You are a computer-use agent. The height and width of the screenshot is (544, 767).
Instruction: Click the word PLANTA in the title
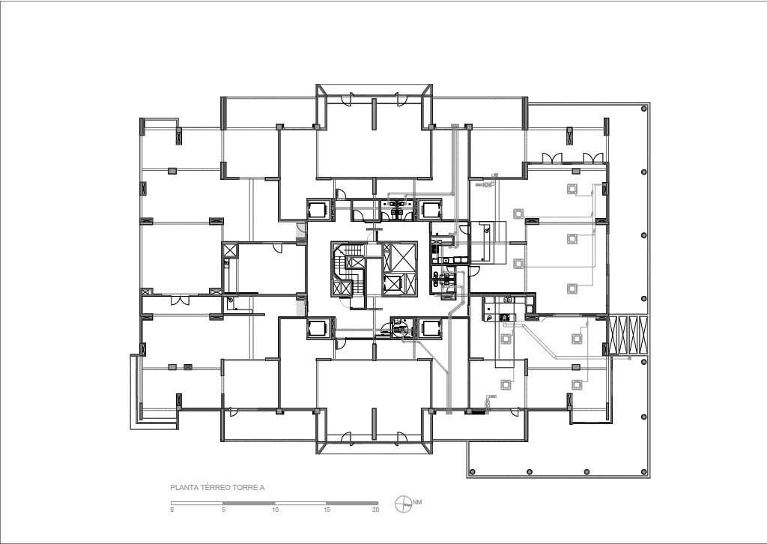click(x=182, y=487)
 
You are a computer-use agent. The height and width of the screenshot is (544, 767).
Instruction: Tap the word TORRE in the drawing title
click(x=238, y=487)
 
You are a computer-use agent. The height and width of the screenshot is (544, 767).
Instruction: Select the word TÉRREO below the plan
click(x=210, y=487)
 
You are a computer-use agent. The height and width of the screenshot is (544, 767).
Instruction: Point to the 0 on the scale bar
click(x=172, y=510)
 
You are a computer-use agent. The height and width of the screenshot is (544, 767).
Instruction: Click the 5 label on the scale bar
click(x=223, y=510)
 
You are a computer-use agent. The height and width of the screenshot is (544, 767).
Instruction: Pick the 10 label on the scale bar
click(x=276, y=510)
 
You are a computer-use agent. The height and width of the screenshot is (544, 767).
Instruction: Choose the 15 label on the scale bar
click(x=327, y=510)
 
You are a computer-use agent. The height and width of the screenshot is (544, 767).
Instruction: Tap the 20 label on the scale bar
click(x=376, y=510)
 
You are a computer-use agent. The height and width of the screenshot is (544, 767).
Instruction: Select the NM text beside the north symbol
click(x=417, y=502)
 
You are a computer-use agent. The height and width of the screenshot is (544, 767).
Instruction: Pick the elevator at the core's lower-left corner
click(x=321, y=327)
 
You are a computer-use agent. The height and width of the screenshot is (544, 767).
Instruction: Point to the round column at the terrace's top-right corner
click(x=644, y=109)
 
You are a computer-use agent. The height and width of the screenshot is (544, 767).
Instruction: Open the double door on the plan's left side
click(x=179, y=300)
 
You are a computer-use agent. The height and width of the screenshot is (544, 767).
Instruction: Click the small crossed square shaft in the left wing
click(x=229, y=250)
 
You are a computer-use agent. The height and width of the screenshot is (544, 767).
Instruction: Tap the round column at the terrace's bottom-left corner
click(x=473, y=472)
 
